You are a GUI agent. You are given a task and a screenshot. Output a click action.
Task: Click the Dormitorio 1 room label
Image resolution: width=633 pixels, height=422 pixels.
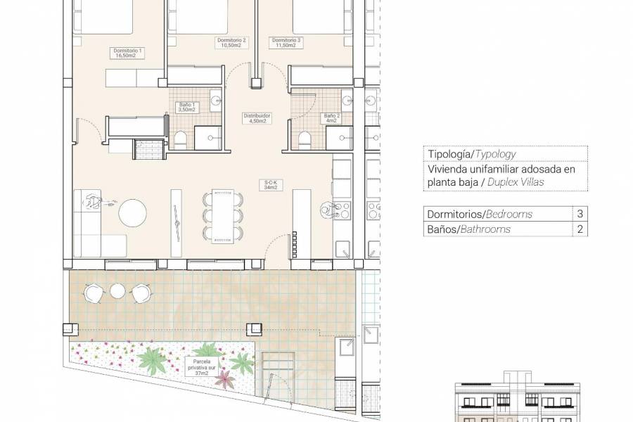click(x=128, y=53)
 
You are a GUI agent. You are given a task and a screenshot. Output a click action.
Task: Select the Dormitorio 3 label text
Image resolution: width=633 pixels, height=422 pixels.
click(x=286, y=44)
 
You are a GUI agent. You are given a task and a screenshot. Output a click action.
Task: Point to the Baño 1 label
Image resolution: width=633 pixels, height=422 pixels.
click(x=186, y=107)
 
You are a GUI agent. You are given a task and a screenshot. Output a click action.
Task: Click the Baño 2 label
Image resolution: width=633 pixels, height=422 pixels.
click(x=331, y=118)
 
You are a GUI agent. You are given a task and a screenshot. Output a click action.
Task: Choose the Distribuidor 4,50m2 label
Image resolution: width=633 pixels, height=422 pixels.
click(x=257, y=118)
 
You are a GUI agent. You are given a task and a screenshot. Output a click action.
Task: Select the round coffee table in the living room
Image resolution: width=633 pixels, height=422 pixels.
click(x=132, y=213)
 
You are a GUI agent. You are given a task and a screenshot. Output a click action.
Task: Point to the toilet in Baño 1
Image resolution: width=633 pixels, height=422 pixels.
click(x=181, y=140)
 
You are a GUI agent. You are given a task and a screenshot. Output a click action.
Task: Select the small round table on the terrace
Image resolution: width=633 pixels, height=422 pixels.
click(x=117, y=290)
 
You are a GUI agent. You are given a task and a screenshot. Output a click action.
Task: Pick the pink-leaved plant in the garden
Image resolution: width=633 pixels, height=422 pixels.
click(x=225, y=381)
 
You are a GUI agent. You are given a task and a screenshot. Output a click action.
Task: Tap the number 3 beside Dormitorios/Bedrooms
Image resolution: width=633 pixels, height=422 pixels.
click(x=580, y=215)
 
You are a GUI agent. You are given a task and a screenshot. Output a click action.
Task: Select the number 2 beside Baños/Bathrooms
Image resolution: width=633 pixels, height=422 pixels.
click(x=580, y=229)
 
